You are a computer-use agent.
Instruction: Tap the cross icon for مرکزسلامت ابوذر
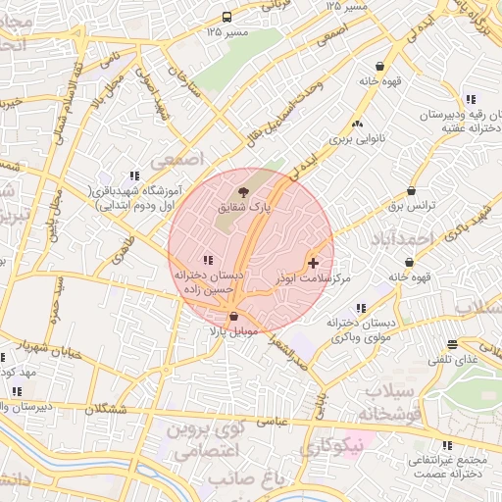pos(313,263)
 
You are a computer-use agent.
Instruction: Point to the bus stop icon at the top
pos(227,17)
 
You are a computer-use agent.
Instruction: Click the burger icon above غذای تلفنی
pos(452,344)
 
